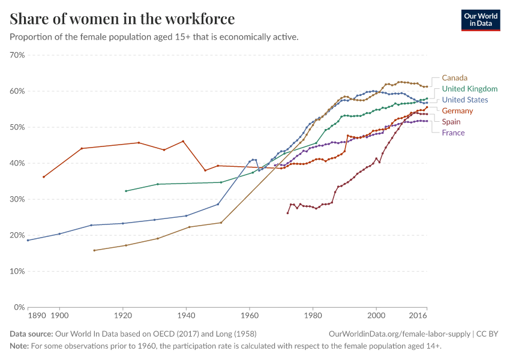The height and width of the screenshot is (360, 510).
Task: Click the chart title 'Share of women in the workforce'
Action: (122, 19)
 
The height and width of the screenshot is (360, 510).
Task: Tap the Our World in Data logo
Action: (480, 20)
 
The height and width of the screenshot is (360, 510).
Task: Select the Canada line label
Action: (454, 78)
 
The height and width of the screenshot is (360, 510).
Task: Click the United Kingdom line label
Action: (469, 89)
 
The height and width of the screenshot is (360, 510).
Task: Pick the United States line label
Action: (464, 100)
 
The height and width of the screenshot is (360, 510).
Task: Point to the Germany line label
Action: (457, 111)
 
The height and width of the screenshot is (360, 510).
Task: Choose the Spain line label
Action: (451, 122)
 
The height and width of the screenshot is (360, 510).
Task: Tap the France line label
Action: (453, 133)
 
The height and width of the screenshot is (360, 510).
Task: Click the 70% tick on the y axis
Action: (17, 55)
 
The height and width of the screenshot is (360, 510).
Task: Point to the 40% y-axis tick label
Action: (17, 163)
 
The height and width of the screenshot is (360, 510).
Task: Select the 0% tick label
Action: (19, 307)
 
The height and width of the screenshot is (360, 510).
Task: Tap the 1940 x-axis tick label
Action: (186, 315)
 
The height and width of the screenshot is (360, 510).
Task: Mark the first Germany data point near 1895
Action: (44, 177)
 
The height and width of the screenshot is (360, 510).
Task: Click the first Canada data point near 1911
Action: (94, 250)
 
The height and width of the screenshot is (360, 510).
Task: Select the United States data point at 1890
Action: (28, 240)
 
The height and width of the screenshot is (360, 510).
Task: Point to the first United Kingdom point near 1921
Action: (126, 191)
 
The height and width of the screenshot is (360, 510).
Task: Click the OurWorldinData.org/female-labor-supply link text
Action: (400, 334)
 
